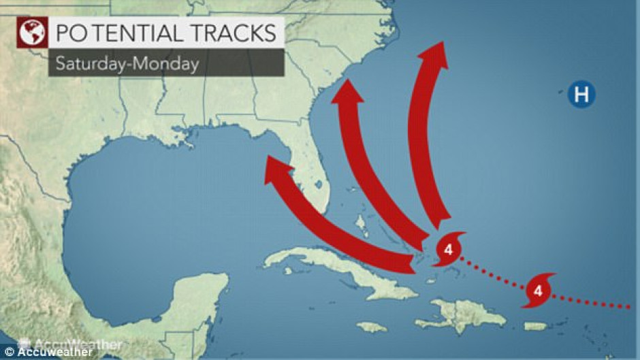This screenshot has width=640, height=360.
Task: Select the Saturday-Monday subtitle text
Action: pos(127,64)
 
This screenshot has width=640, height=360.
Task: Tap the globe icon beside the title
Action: pos(29,33)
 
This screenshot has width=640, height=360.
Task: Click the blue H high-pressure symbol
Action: pos(581,95)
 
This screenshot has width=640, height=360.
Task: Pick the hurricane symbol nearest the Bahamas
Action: pos(447,248)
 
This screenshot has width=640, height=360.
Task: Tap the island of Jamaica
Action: pos(372,327)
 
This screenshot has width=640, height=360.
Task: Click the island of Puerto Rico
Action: pos(535,327)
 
